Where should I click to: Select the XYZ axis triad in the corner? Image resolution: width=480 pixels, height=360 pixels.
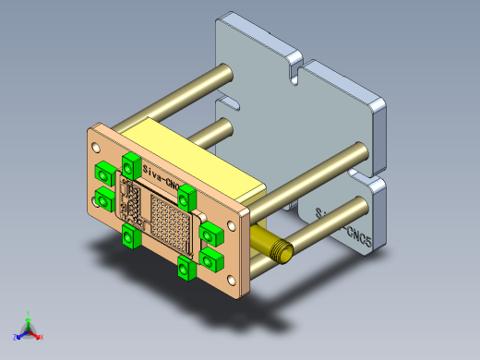(x=28, y=329)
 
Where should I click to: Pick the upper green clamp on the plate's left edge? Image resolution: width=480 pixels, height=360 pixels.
(x=104, y=171)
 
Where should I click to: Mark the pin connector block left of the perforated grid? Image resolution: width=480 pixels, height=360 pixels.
(x=135, y=207)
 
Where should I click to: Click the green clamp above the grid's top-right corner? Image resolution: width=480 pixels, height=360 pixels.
(x=187, y=196)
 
